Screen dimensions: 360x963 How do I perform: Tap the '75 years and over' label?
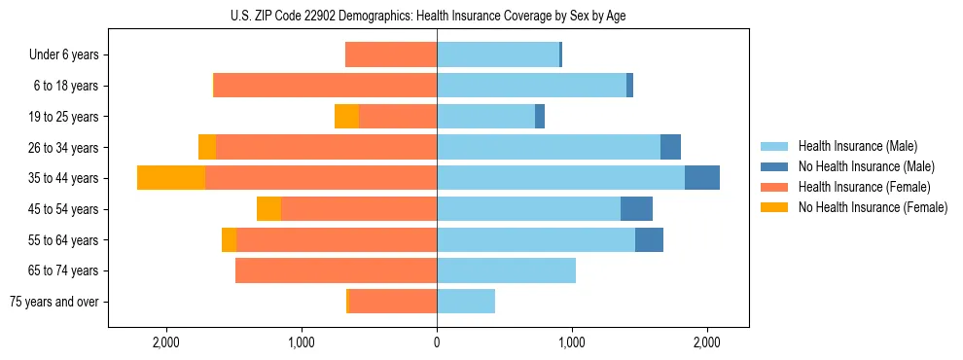pyautogui.click(x=54, y=302)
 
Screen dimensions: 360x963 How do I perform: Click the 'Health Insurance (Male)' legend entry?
pyautogui.click(x=857, y=146)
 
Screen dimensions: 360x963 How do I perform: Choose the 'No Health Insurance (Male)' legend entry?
pyautogui.click(x=866, y=166)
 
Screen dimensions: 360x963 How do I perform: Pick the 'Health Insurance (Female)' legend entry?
pyautogui.click(x=865, y=187)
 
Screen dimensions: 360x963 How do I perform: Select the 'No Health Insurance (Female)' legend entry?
pyautogui.click(x=873, y=207)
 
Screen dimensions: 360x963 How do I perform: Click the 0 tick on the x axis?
pyautogui.click(x=437, y=342)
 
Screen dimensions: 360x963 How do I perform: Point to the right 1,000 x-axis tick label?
pyautogui.click(x=572, y=342)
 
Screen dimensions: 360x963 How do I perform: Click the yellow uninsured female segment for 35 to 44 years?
pyautogui.click(x=171, y=178)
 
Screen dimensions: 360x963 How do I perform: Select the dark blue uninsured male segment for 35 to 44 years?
pyautogui.click(x=702, y=178)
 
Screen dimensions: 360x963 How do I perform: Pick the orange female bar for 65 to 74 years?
pyautogui.click(x=336, y=270)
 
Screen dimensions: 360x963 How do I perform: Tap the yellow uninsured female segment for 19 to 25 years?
pyautogui.click(x=346, y=117)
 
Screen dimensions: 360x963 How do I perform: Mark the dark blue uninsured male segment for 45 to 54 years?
pyautogui.click(x=636, y=209)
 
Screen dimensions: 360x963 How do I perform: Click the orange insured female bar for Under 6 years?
pyautogui.click(x=391, y=55)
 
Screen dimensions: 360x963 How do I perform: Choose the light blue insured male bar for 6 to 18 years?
pyautogui.click(x=531, y=86)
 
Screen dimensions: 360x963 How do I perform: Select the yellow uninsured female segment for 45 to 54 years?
pyautogui.click(x=268, y=209)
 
